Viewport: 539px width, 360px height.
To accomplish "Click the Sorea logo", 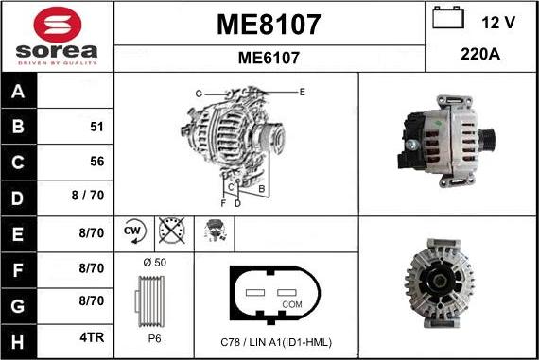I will [56, 36].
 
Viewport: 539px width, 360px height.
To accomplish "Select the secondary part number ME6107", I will [269, 58].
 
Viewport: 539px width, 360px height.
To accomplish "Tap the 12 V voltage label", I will [499, 21].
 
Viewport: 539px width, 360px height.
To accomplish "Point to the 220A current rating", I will [480, 55].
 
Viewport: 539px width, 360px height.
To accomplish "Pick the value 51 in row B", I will [95, 126].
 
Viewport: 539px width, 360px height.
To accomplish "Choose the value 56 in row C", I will [95, 161].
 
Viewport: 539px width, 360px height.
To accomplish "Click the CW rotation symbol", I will [132, 230].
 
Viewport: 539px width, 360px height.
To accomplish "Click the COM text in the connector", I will [292, 304].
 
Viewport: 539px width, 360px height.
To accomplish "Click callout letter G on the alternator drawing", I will [199, 94].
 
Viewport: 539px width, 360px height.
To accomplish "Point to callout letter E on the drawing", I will [302, 92].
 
